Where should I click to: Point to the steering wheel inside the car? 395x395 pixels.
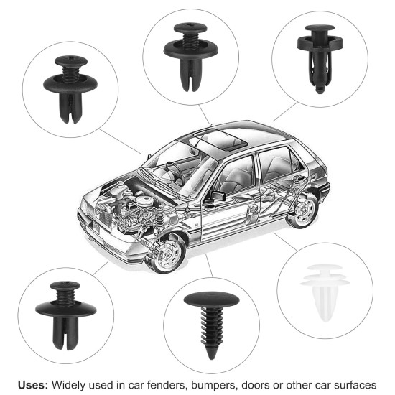[173, 170]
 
